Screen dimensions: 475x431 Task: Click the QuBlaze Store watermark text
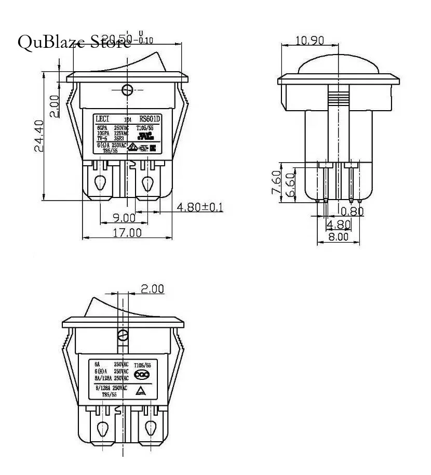coord(74,42)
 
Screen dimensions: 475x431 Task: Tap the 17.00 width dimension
coord(127,233)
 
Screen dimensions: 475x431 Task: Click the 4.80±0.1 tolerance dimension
coord(200,207)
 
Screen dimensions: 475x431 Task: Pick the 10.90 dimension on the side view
coord(310,41)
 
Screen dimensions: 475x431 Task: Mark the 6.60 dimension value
coord(289,184)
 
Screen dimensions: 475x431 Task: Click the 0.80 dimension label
coord(353,211)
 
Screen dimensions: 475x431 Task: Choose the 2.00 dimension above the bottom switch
coord(153,288)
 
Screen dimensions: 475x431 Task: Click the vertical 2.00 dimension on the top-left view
coord(55,106)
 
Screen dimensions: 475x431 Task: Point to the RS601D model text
coord(151,118)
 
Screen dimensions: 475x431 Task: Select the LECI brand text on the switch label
coord(102,118)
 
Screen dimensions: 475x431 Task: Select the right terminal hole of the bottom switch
coord(151,429)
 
